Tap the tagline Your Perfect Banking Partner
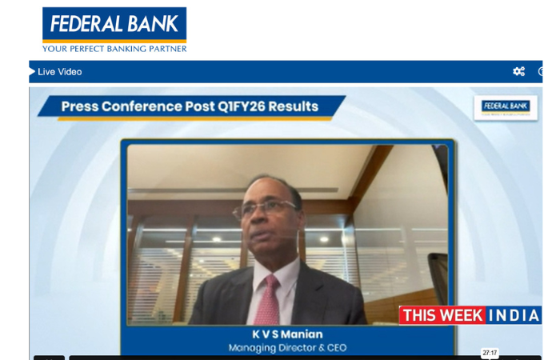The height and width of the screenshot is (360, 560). (x=114, y=49)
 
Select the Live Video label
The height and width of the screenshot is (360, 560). (x=59, y=72)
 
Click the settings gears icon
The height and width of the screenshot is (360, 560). (x=518, y=72)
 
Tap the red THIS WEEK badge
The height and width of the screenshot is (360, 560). (x=442, y=315)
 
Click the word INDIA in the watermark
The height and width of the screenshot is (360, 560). (x=514, y=315)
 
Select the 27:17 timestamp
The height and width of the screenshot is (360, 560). (x=490, y=353)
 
